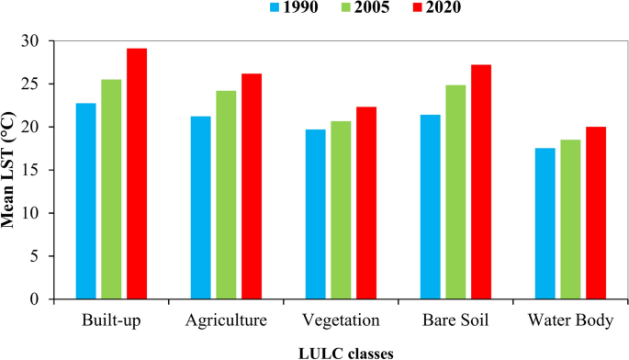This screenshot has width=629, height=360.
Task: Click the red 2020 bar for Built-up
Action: [137, 174]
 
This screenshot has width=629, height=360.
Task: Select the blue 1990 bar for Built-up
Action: [85, 201]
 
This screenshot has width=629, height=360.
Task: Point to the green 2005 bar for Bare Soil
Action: [455, 192]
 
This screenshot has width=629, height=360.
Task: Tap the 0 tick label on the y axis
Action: [38, 299]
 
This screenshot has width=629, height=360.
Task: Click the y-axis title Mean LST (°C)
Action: [10, 171]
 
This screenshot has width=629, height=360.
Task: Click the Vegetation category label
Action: [341, 321]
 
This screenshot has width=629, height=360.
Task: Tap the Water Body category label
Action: [570, 321]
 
